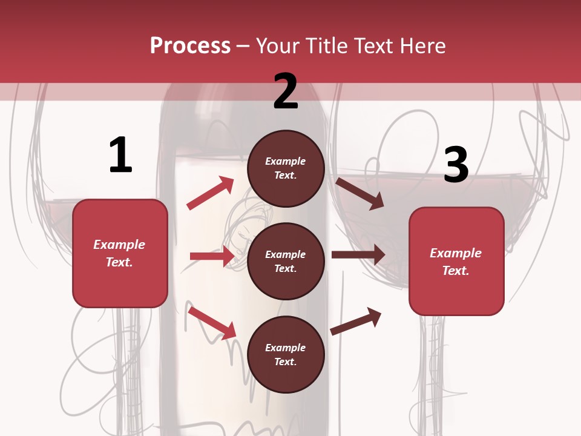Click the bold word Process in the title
click(x=190, y=46)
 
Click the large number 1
click(x=120, y=155)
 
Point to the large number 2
click(x=286, y=91)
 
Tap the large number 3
click(x=456, y=165)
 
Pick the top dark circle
click(x=286, y=168)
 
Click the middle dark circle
click(x=286, y=261)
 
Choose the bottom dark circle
click(x=286, y=354)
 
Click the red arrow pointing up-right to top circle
click(x=211, y=193)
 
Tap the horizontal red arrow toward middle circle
click(x=212, y=256)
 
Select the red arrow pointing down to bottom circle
click(x=212, y=323)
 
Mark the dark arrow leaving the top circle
click(x=360, y=193)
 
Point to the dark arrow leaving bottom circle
click(x=356, y=321)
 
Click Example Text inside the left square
click(x=119, y=253)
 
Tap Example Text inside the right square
click(x=456, y=262)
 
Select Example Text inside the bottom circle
click(x=286, y=354)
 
